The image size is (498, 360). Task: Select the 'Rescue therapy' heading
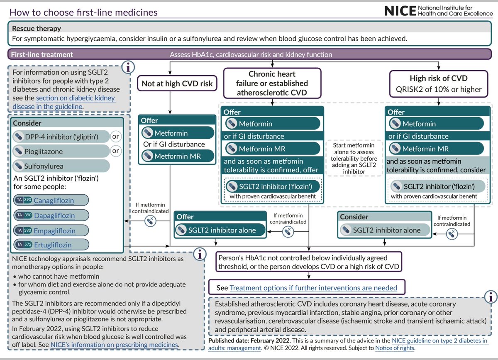(x=37, y=29)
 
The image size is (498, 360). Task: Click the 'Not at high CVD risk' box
(x=177, y=83)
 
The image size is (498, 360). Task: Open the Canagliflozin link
(x=54, y=201)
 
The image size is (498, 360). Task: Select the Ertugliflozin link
(x=52, y=245)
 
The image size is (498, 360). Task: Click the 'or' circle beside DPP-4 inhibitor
(x=116, y=136)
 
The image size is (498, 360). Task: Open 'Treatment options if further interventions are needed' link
(x=313, y=288)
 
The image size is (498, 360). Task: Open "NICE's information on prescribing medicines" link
(x=115, y=345)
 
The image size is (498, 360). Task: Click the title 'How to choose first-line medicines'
(x=83, y=12)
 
